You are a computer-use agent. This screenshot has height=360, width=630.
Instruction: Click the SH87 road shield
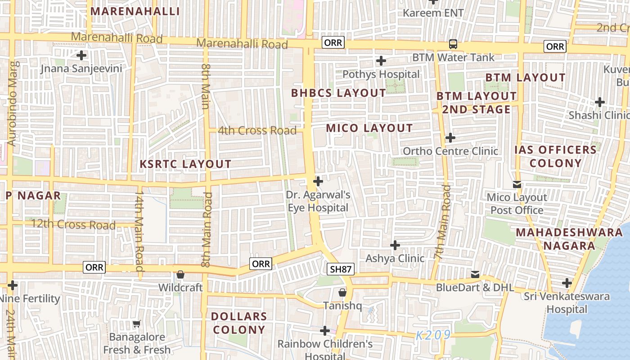[341, 269]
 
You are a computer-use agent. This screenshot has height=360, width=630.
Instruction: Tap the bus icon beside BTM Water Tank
[453, 44]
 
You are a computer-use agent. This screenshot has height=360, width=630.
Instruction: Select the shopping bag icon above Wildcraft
[180, 274]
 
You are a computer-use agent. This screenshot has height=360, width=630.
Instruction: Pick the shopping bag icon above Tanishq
[342, 292]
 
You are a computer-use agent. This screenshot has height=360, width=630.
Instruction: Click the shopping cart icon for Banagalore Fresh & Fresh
[137, 324]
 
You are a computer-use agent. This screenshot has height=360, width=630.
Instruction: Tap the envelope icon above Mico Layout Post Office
[517, 184]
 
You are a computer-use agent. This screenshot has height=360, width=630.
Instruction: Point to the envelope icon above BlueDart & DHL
[475, 274]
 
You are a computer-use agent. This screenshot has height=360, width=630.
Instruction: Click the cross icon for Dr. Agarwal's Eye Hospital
[318, 181]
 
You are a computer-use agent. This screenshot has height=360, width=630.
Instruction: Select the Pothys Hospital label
[381, 74]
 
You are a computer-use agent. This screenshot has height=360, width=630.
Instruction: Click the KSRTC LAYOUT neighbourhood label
[185, 164]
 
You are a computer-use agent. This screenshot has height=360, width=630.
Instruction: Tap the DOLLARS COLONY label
[239, 323]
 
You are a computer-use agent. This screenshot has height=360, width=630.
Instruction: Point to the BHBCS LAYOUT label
[338, 93]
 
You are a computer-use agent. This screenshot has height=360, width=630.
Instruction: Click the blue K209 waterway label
[432, 335]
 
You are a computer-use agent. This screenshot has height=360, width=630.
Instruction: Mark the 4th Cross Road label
[257, 130]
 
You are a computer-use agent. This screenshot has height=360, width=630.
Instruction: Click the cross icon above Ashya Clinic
[395, 245]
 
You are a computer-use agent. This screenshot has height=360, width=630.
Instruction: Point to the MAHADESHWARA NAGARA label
[569, 239]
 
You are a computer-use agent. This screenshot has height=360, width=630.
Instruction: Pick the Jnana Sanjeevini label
[81, 68]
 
